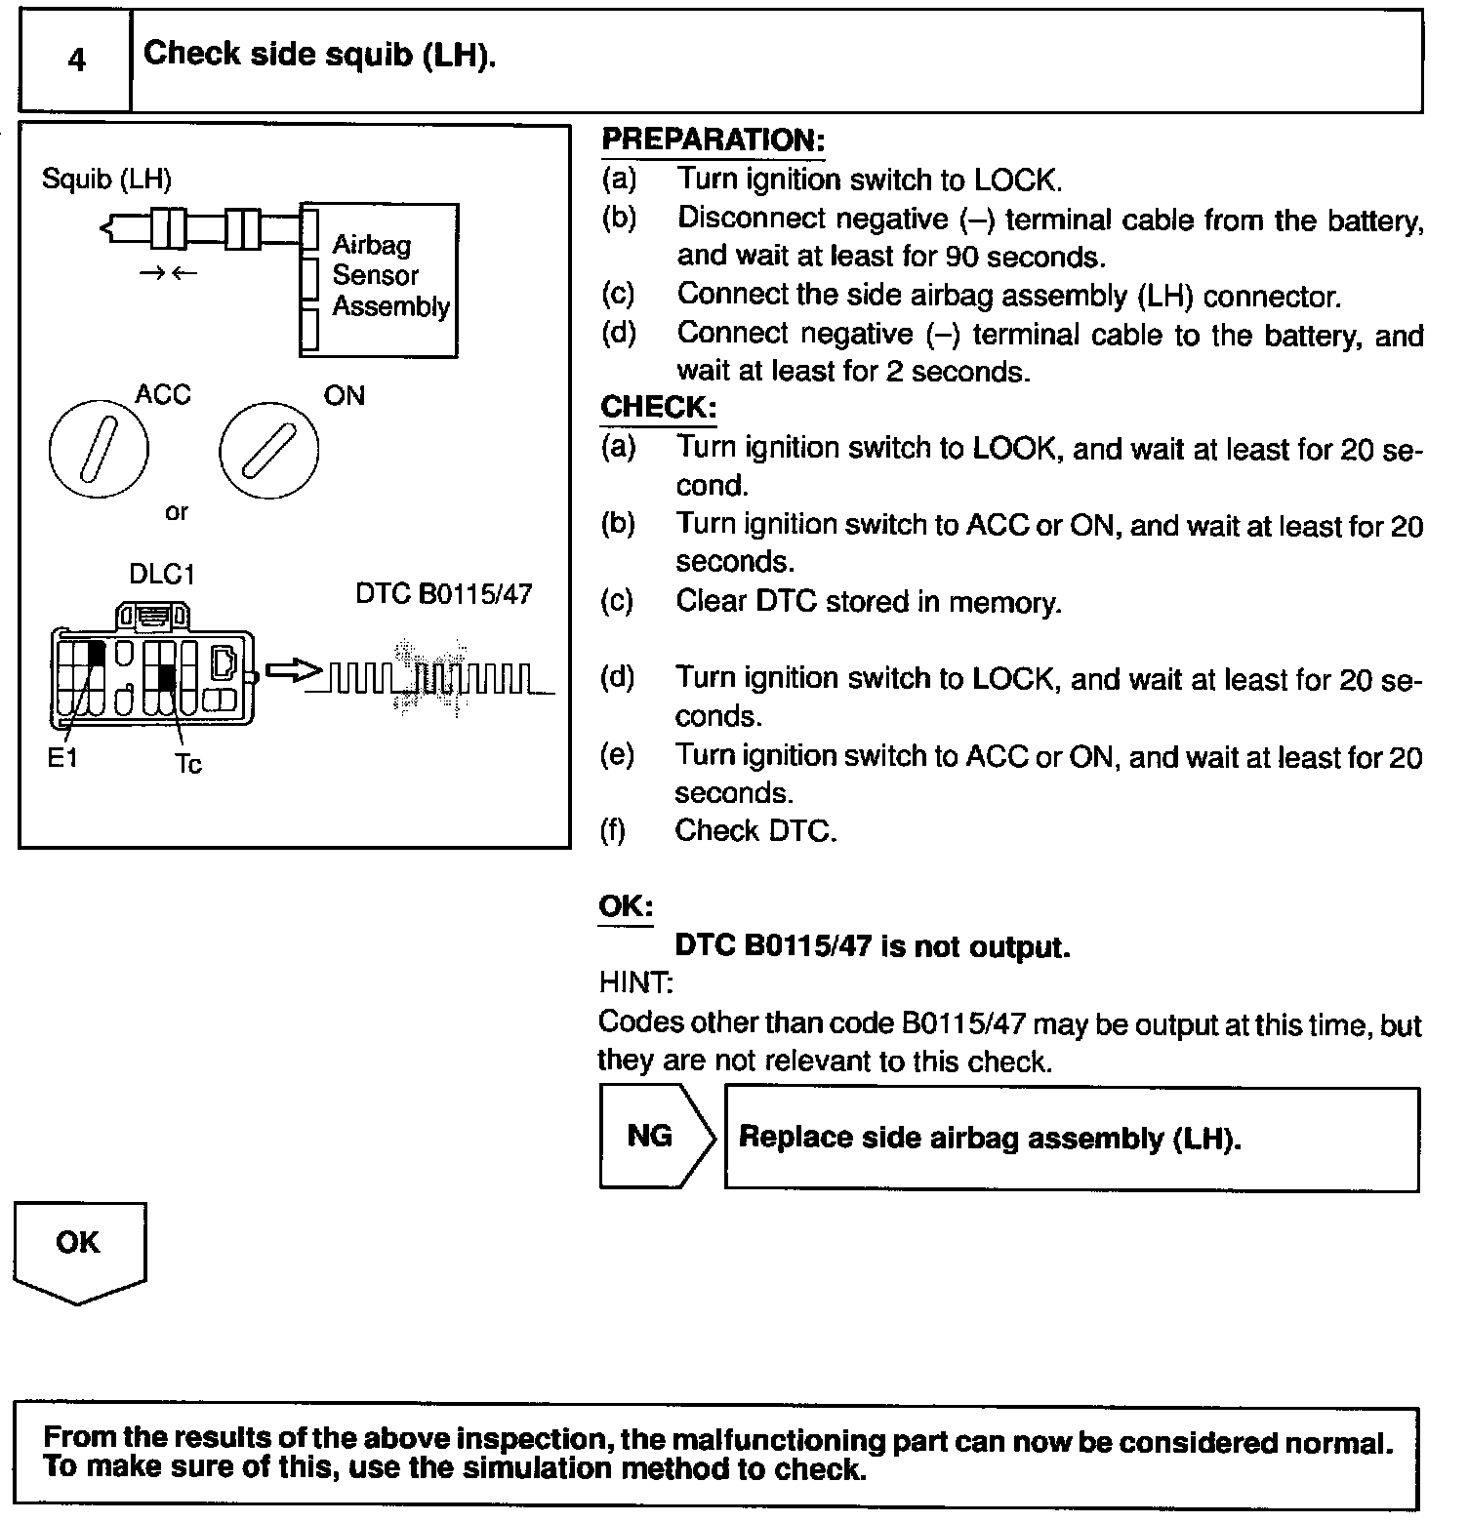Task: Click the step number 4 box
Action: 76,60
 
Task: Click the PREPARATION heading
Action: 714,140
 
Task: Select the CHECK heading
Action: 658,407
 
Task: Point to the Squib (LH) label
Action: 106,180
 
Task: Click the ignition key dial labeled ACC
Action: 99,450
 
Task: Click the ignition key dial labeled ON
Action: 269,450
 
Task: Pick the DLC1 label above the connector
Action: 162,575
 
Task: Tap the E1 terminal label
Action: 62,758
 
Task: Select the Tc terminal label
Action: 188,764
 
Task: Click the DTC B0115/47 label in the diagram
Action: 443,594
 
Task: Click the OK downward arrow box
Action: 79,1252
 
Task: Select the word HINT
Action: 635,983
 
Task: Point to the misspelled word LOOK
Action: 1014,449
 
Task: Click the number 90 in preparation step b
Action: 962,258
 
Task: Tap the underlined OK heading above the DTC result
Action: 626,906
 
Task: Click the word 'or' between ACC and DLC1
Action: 177,512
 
